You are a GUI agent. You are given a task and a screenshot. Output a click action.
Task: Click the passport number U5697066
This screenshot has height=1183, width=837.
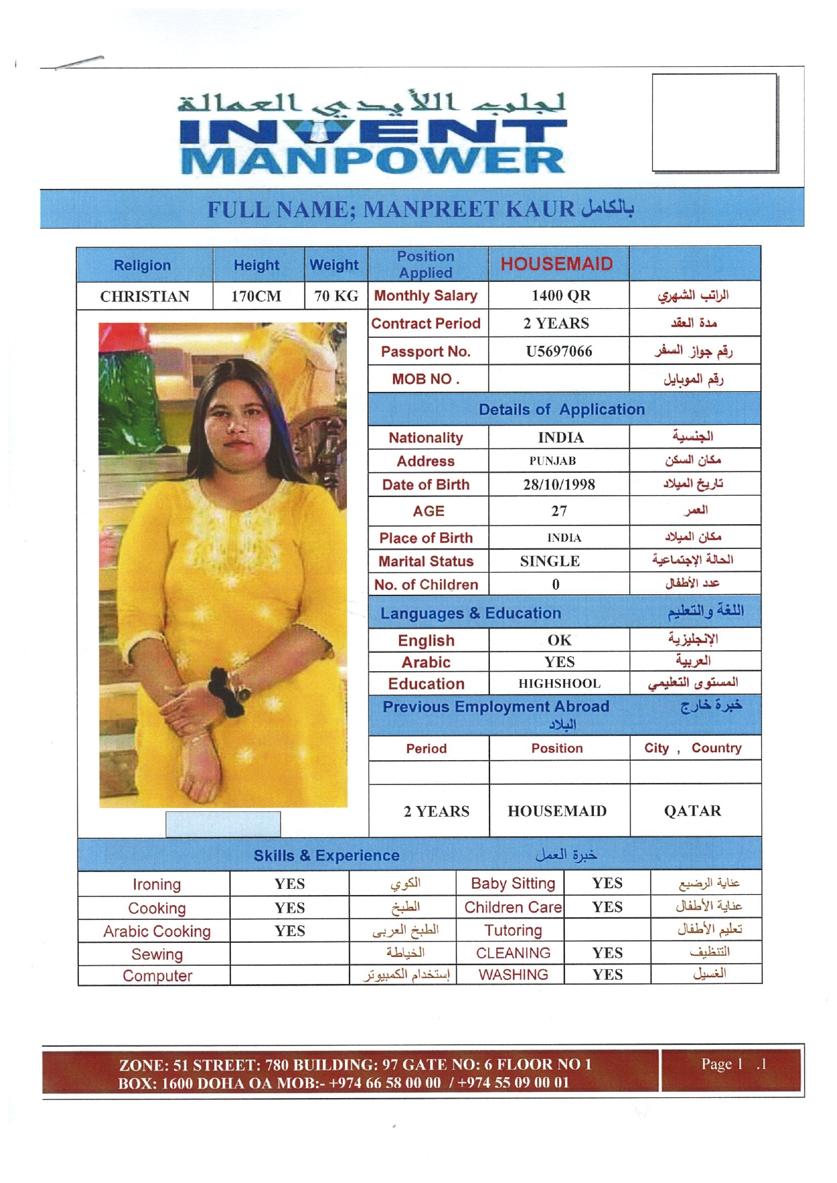[x=559, y=351]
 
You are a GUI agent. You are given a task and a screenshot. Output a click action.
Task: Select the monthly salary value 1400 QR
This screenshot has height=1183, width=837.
[x=560, y=295]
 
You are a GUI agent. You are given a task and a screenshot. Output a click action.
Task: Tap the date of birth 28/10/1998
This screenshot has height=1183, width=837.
[x=559, y=485]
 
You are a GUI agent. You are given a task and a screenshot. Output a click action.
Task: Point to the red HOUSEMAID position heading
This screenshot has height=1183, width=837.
[x=557, y=264]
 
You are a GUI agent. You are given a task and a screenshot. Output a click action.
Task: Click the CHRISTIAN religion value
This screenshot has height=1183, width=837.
[x=144, y=297]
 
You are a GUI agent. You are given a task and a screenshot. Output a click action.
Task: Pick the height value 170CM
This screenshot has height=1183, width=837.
[x=256, y=297]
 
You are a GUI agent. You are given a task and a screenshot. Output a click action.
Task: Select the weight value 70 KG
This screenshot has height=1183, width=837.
[x=336, y=297]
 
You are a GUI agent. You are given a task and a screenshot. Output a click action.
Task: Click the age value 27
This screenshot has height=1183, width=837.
[x=559, y=511]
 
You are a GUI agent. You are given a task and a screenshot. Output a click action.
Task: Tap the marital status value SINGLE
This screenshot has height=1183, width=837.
[x=549, y=561]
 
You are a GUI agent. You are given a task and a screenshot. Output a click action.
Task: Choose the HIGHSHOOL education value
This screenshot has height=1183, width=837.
[x=559, y=684]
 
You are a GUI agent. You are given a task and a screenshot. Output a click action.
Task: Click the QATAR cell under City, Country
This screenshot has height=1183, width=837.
[x=693, y=811]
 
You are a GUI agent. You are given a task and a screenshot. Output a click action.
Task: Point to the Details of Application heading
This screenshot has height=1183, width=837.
[x=562, y=409]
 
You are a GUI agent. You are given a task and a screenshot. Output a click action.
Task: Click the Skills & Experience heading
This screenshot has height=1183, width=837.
[x=326, y=856]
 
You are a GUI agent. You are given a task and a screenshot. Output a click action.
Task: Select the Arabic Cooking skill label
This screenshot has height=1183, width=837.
[x=157, y=931]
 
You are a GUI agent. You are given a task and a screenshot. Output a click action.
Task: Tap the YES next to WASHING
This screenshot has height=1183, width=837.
[x=607, y=975]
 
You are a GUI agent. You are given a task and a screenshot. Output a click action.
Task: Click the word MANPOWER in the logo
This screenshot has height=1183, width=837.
[x=373, y=160]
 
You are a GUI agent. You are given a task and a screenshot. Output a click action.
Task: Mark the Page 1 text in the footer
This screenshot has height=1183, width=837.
[x=722, y=1064]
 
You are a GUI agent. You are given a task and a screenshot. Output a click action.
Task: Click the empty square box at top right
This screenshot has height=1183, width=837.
[x=714, y=122]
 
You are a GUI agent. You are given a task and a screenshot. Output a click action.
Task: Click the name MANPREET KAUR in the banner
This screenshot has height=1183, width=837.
[x=468, y=209]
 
